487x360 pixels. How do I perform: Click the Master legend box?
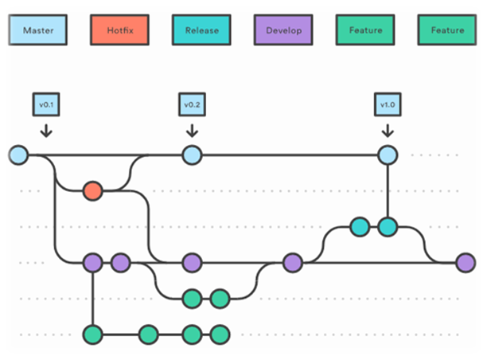tap(38, 30)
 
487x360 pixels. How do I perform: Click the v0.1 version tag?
tap(45, 104)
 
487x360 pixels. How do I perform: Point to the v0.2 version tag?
tap(191, 104)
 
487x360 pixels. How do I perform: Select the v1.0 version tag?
tap(388, 104)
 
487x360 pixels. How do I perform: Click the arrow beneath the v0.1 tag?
tap(45, 129)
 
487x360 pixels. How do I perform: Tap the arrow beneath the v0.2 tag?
tap(191, 129)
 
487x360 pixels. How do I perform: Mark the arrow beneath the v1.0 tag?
tap(388, 129)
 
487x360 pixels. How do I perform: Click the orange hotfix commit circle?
tap(93, 191)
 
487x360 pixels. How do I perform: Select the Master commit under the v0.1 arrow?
tap(18, 155)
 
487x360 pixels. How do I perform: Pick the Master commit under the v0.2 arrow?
tap(191, 155)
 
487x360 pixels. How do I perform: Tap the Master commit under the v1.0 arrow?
tap(388, 155)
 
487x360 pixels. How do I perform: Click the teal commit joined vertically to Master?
tap(388, 227)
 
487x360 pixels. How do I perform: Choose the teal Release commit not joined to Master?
tap(359, 227)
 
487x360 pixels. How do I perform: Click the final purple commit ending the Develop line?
tap(466, 262)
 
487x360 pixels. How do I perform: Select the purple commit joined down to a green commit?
tap(93, 262)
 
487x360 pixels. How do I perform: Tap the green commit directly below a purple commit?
tap(93, 334)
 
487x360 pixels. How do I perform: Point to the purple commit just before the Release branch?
tap(292, 262)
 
